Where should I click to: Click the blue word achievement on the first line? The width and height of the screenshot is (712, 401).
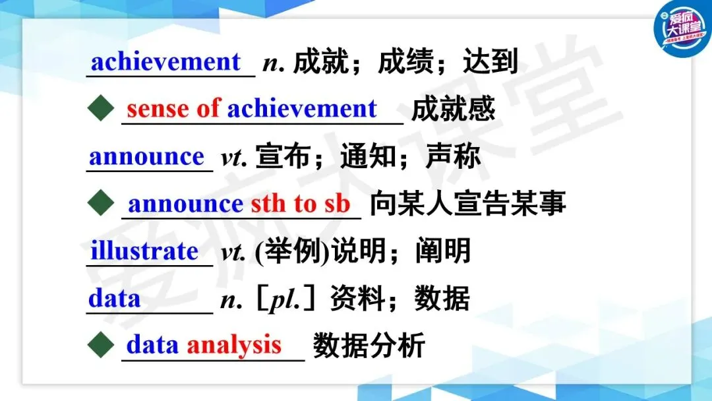tap(165, 62)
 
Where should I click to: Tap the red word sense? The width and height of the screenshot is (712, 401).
tap(158, 109)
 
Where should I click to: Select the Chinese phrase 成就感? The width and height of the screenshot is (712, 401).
tap(453, 109)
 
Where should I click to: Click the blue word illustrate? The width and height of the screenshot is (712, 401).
tap(144, 251)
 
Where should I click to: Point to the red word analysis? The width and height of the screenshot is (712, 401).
tap(234, 345)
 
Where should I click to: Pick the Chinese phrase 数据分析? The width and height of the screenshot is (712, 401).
tap(369, 345)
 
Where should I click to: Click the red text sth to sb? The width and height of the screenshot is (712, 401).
tap(301, 203)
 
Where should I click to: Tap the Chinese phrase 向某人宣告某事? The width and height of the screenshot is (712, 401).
tap(467, 203)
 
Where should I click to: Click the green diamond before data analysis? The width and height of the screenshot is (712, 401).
tap(101, 345)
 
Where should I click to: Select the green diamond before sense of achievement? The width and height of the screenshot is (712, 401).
tap(101, 108)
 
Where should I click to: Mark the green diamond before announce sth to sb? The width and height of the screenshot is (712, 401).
tap(101, 202)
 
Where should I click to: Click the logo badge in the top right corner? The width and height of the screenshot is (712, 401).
tap(682, 28)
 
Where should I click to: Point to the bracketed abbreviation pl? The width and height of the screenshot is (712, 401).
tap(285, 299)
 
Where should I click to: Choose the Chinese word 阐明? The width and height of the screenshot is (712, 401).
tap(443, 251)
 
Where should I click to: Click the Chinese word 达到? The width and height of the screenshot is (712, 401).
tap(490, 61)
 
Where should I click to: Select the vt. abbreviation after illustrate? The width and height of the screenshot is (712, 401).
tap(233, 253)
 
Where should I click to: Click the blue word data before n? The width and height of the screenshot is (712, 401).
tap(115, 299)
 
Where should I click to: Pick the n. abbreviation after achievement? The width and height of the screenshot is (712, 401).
tap(274, 63)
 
